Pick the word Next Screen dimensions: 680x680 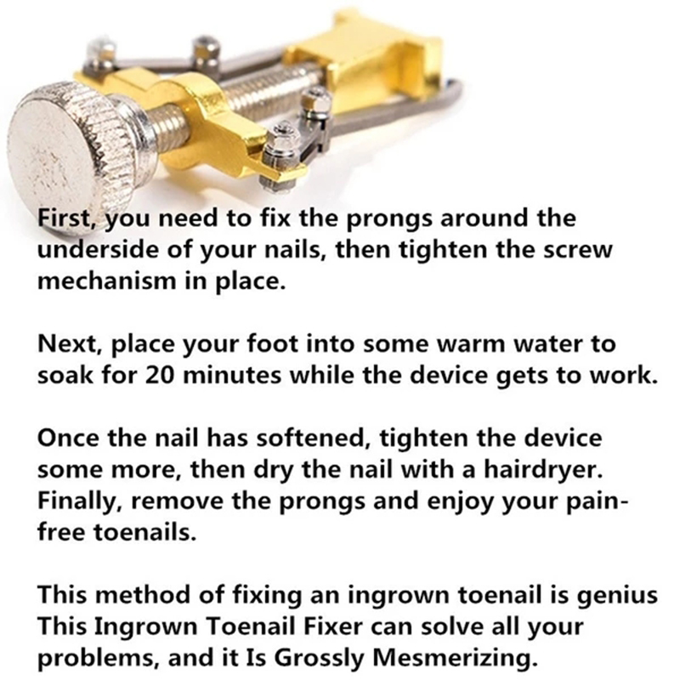pos(71,345)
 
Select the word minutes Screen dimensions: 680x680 pos(231,376)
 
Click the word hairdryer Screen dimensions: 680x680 pos(543,470)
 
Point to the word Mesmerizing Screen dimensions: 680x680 pos(453,659)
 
